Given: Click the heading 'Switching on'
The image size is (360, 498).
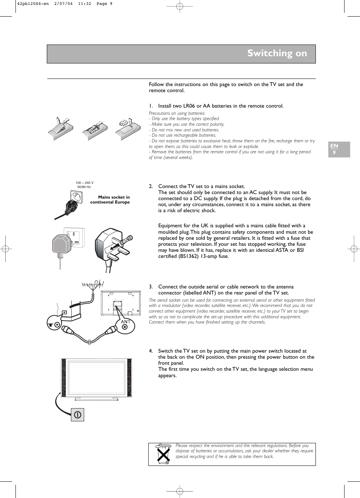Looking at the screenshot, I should pos(277,53).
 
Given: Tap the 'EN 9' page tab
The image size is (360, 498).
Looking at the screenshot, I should pos(339,149).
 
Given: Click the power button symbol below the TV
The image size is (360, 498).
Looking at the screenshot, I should pos(77,415).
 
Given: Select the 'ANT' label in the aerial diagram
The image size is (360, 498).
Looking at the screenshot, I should pos(125,322).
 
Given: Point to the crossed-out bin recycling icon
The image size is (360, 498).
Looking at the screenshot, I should pos(163,454).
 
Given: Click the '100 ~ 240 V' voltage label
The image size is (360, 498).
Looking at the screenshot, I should pos(85,183).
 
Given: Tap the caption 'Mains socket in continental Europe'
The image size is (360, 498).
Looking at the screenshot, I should pos(110,200).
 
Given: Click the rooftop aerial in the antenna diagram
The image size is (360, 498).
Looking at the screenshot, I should pos(93,285).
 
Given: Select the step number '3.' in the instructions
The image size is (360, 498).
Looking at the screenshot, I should pos(151,287).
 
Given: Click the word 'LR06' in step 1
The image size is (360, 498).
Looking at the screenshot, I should pos(189,106).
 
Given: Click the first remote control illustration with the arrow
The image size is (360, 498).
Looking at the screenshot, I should pos(60,128).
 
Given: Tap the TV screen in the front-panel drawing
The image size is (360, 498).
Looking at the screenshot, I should pos(97,378).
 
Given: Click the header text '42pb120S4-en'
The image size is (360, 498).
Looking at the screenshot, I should pos(33,4).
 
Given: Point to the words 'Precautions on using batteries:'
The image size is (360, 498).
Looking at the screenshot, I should pos(177,113).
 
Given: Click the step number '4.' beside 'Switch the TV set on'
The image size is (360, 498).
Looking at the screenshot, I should pos(151,351).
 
